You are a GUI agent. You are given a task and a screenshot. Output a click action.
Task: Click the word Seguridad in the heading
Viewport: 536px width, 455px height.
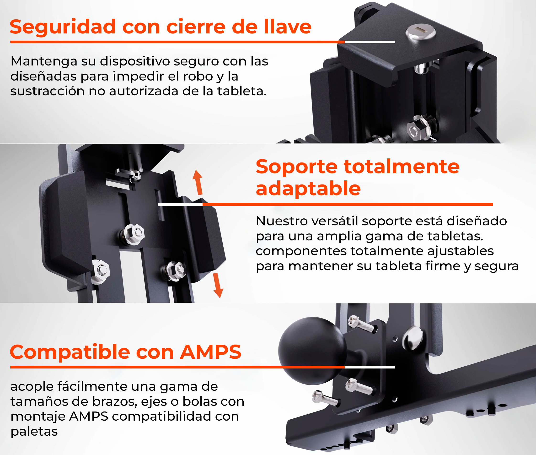click(63, 27)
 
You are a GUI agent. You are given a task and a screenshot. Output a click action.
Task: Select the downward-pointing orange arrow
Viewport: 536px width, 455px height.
click(218, 285)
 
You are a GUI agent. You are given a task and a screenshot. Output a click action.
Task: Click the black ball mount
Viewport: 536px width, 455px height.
click(312, 351)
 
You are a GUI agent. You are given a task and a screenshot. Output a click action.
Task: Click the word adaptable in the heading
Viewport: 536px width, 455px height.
click(308, 189)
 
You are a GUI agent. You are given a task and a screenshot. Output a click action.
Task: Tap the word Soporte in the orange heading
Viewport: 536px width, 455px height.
click(296, 167)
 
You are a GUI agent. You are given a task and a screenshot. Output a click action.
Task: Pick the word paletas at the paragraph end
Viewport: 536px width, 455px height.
click(34, 432)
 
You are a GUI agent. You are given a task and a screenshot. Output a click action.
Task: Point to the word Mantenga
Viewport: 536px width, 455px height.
click(44, 61)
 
